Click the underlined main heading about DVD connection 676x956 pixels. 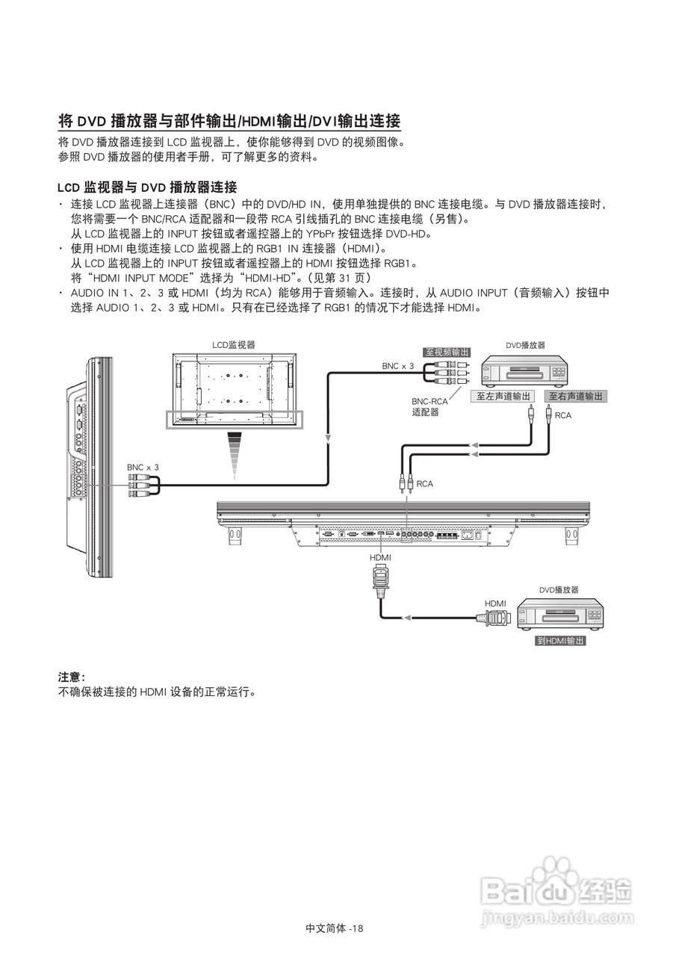coord(229,121)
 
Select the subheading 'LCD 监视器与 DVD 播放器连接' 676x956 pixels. coord(147,187)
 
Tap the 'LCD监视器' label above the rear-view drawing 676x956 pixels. coord(233,345)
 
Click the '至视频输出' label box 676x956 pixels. coord(447,353)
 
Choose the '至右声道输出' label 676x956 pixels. coord(575,397)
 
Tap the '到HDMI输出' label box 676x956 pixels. coord(560,641)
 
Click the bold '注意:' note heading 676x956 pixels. coord(72,677)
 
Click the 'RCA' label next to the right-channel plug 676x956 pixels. coord(562,415)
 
